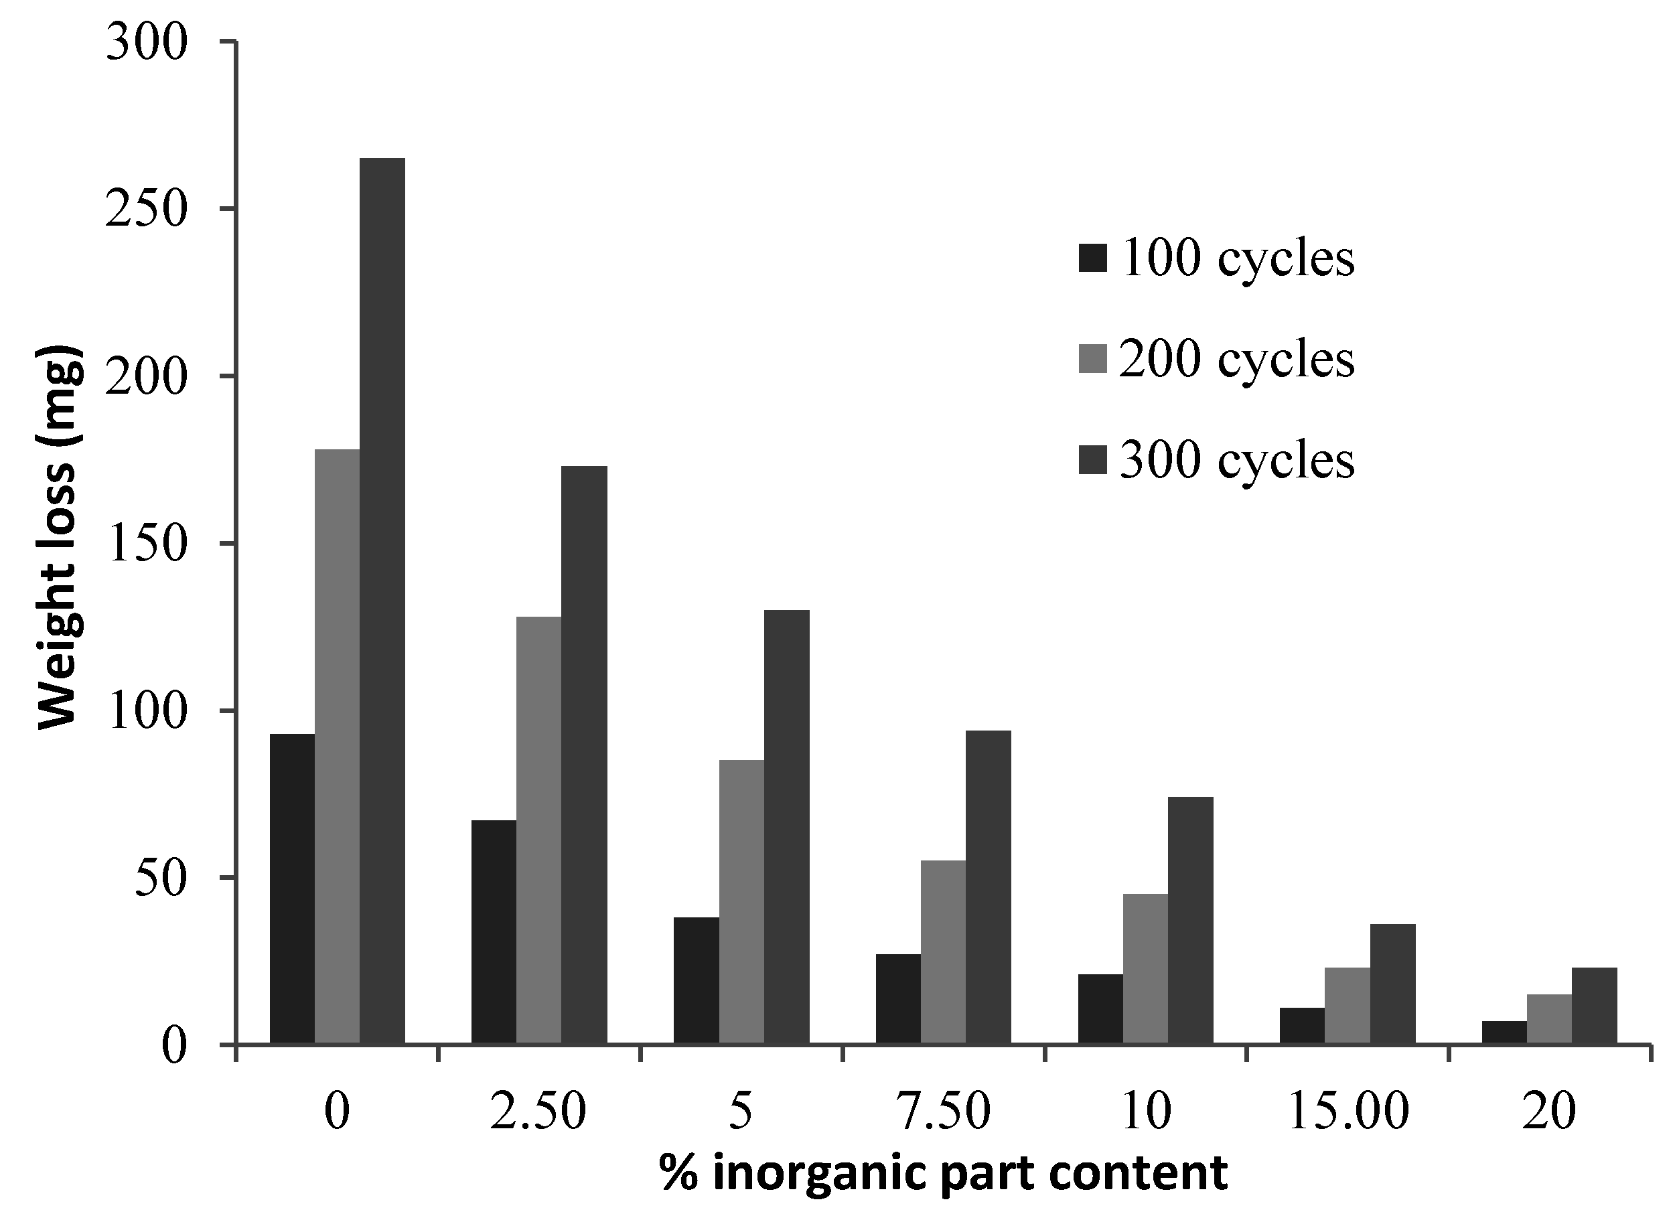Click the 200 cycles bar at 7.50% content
click(x=943, y=952)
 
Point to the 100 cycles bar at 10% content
click(x=1100, y=1008)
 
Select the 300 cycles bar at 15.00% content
click(x=1393, y=984)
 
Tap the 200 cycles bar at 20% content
click(x=1550, y=1019)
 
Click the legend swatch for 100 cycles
click(x=1093, y=258)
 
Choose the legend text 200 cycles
click(x=1237, y=360)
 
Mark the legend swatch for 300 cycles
click(x=1093, y=461)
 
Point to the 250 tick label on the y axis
click(x=145, y=210)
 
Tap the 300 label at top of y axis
click(x=145, y=43)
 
